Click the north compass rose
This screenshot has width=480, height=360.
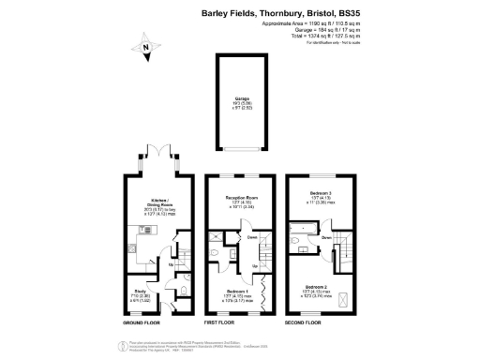tap(145, 44)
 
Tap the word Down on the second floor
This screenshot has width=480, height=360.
tap(324, 238)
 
